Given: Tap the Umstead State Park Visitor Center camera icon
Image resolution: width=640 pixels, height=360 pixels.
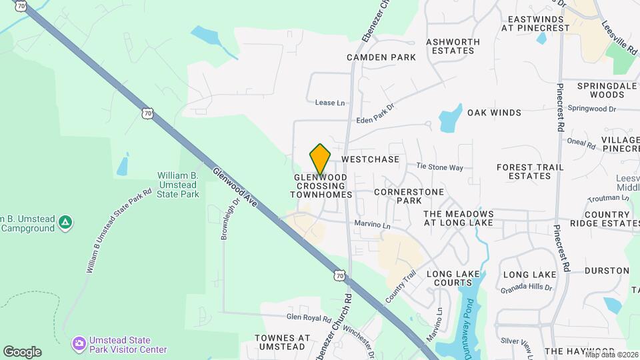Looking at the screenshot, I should pyautogui.click(x=79, y=343).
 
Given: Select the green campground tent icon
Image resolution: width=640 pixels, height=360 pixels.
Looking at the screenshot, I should pyautogui.click(x=65, y=221).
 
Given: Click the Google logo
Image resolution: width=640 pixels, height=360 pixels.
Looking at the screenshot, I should pyautogui.click(x=22, y=352).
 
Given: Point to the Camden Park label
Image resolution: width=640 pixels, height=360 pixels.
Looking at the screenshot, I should pyautogui.click(x=381, y=57).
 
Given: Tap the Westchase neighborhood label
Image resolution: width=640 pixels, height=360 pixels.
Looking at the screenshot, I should pyautogui.click(x=370, y=160).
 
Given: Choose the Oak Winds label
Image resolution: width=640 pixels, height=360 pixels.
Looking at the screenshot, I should pyautogui.click(x=494, y=113).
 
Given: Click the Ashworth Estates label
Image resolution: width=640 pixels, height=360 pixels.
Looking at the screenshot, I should pyautogui.click(x=453, y=46).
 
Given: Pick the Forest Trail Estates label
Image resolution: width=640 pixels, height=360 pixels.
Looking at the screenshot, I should pyautogui.click(x=530, y=171).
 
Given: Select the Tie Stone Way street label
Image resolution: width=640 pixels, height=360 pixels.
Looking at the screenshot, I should pyautogui.click(x=439, y=167).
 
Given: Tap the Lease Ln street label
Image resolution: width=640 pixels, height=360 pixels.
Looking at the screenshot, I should pyautogui.click(x=331, y=103).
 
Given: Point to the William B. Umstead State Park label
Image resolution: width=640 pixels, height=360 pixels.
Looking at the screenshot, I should pyautogui.click(x=178, y=185).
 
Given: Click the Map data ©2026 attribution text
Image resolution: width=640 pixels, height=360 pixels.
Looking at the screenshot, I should pyautogui.click(x=611, y=355).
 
